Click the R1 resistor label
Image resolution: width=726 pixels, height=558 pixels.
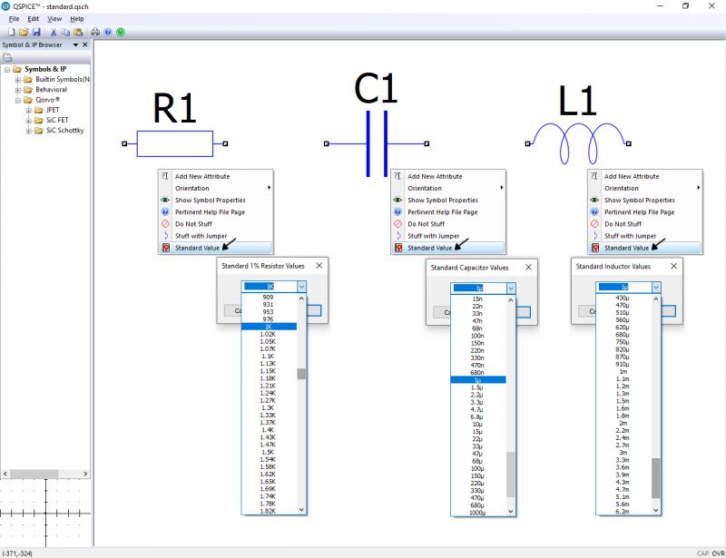click(174, 109)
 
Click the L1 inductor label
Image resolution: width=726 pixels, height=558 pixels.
click(578, 102)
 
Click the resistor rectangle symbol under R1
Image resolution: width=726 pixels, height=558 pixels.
click(174, 143)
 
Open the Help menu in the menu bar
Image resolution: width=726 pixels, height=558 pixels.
click(77, 18)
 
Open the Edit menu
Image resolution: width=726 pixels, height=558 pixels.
click(34, 18)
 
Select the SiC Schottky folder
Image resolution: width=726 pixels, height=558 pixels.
click(64, 131)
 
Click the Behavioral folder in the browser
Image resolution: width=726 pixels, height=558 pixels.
click(51, 90)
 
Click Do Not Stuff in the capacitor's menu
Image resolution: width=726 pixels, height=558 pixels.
click(426, 223)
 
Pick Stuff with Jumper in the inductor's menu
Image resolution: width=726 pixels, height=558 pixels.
click(630, 235)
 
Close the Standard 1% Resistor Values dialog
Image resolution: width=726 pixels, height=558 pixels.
click(319, 266)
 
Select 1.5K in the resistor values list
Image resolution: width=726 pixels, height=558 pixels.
click(268, 452)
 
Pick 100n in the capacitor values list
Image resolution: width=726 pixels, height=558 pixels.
click(476, 336)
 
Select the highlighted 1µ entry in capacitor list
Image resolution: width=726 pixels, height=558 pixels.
click(476, 379)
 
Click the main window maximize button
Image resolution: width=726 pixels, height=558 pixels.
click(685, 5)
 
